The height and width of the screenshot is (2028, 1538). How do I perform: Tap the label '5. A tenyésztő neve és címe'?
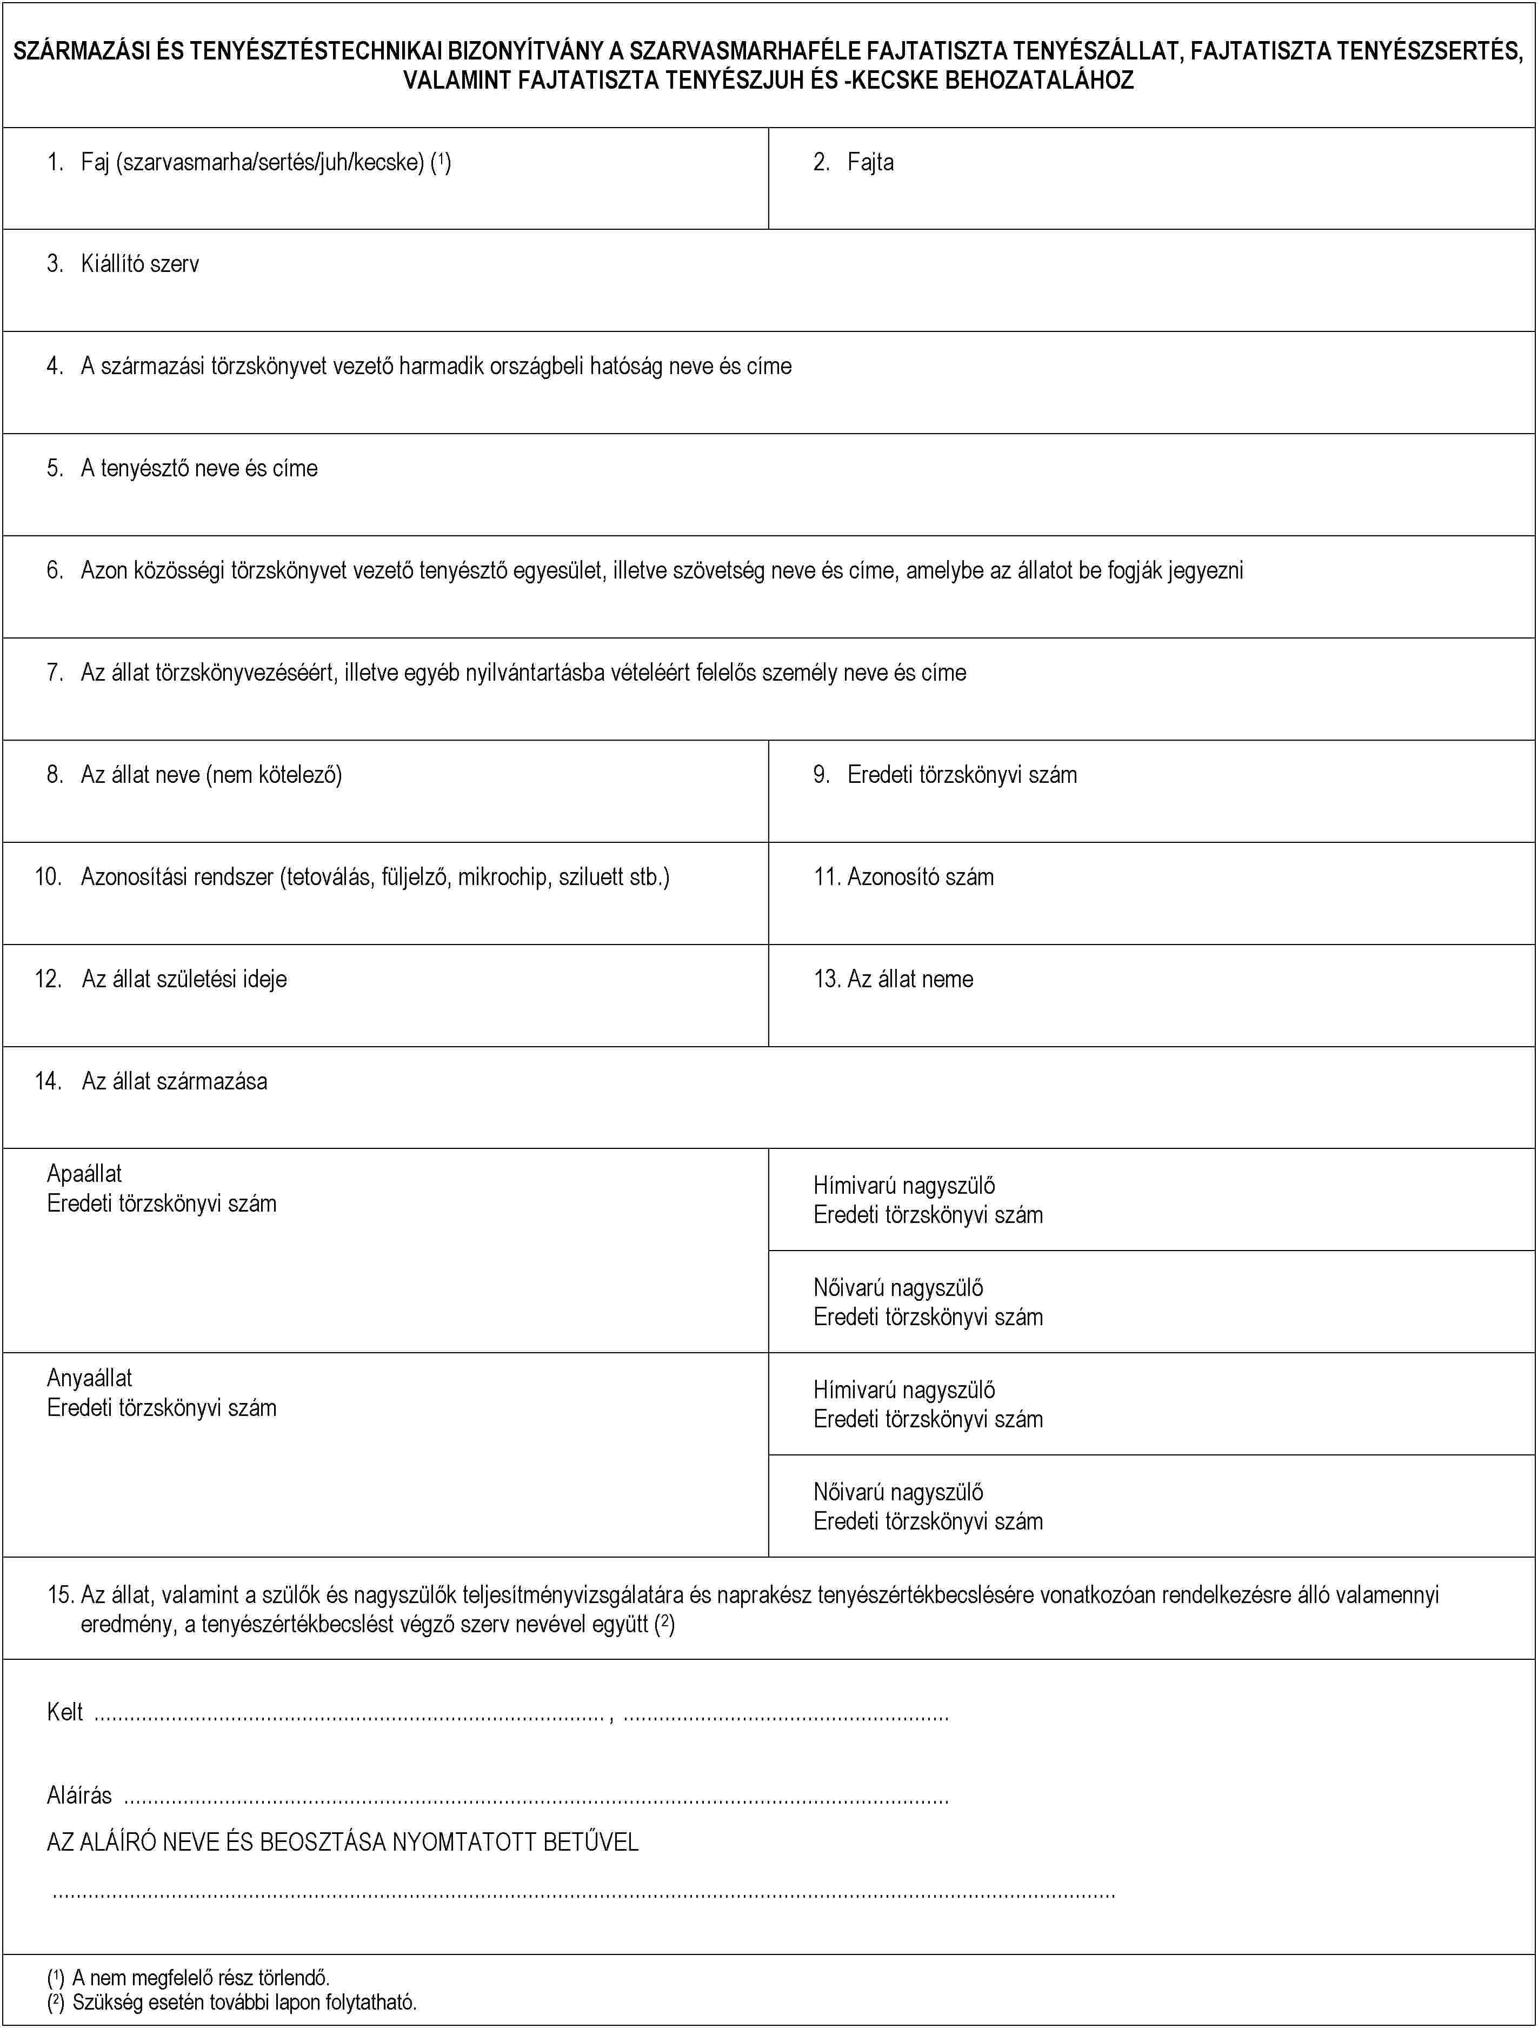coord(182,469)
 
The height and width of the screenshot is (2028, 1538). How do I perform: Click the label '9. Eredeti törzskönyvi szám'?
coord(945,775)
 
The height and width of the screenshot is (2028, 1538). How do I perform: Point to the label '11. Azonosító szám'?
coord(904,877)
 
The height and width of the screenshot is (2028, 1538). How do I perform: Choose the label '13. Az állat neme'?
coord(894,979)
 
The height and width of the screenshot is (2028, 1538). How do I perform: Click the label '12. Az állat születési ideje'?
coord(161,979)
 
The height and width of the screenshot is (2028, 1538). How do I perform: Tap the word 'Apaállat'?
coord(84,1174)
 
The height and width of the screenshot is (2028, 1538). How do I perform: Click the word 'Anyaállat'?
coord(90,1378)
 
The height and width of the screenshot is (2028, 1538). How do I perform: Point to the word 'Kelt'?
coord(65,1712)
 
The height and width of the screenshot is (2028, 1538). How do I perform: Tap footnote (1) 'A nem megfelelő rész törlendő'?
coord(189,1978)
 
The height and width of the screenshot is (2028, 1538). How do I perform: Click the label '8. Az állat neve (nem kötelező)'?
coord(194,775)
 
